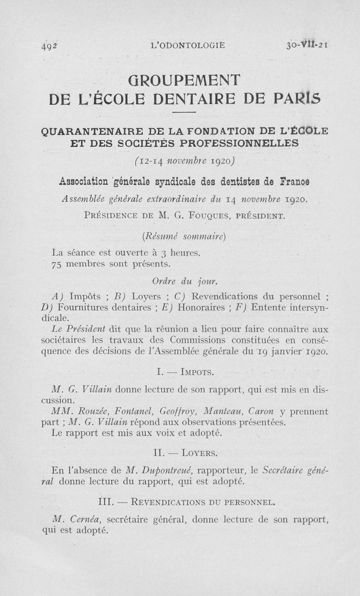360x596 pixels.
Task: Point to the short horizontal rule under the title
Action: click(x=184, y=112)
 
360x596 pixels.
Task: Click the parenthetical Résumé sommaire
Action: click(x=183, y=235)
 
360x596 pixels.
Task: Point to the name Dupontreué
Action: click(x=165, y=470)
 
